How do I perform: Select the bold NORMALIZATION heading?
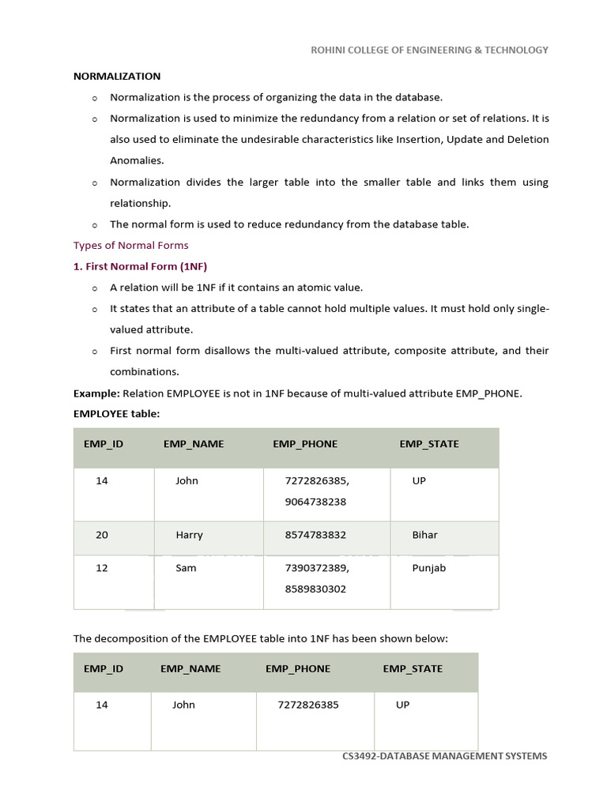pos(117,77)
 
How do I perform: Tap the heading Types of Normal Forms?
pos(131,245)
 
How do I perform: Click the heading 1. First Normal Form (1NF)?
pos(140,266)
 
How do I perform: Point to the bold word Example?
pos(96,393)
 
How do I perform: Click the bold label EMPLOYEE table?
pos(116,413)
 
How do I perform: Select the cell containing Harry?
pos(189,535)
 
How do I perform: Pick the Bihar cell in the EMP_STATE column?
pos(424,535)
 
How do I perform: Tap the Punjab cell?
pos(429,568)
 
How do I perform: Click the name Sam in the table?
pos(186,568)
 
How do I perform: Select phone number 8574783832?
pos(315,535)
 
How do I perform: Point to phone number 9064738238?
pos(315,502)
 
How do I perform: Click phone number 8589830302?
pos(315,589)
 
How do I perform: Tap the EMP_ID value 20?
pos(102,535)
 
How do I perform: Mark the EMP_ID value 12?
pos(102,568)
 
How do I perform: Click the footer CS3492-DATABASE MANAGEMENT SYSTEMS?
pos(444,756)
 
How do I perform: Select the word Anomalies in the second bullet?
pos(137,160)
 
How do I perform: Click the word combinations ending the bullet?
pos(144,371)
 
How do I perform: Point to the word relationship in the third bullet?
pos(140,203)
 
